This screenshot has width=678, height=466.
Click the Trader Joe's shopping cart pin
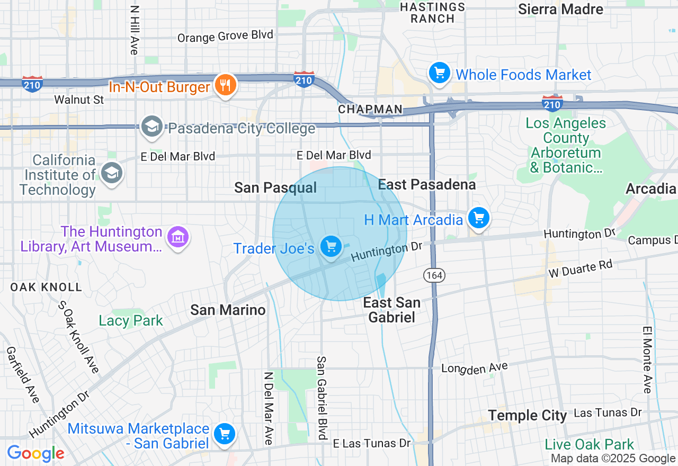[x=331, y=247]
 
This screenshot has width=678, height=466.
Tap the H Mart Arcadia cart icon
[x=479, y=218]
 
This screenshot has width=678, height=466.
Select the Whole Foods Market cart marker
[x=439, y=73]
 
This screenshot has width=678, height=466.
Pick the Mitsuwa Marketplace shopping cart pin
[x=224, y=434]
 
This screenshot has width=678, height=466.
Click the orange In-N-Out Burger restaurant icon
[x=226, y=85]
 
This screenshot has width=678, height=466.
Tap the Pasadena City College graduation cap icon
[x=152, y=127]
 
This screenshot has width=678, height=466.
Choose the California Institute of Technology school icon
[x=112, y=173]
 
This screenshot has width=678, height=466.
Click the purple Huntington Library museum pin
[x=178, y=238]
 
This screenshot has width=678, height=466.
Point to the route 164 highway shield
[x=434, y=275]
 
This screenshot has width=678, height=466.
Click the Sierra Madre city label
[x=560, y=10]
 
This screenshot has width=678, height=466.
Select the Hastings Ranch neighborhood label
[x=433, y=13]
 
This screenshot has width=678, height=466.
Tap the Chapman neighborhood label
[x=370, y=110]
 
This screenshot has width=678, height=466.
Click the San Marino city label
[x=228, y=310]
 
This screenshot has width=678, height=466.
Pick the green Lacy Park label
[x=131, y=321]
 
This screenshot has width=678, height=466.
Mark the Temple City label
[x=527, y=416]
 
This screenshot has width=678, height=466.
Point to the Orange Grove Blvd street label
[x=225, y=37]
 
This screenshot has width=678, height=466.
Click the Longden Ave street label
[x=475, y=368]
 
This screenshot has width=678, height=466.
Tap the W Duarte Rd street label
[x=581, y=268]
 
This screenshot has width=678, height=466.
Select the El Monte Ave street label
[x=647, y=360]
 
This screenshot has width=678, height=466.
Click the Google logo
[x=35, y=454]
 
